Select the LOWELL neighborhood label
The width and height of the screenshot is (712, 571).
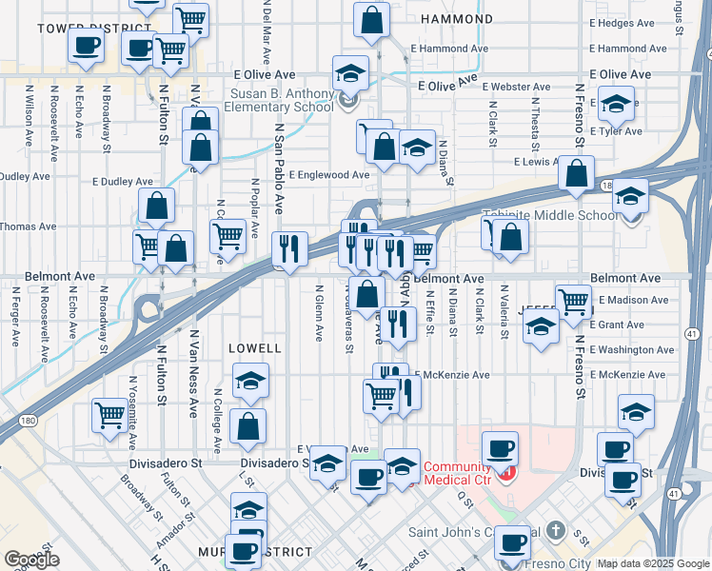pyautogui.click(x=255, y=349)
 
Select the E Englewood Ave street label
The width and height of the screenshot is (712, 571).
pyautogui.click(x=329, y=175)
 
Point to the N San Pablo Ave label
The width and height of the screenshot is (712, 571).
pyautogui.click(x=279, y=167)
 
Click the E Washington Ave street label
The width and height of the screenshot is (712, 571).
pyautogui.click(x=632, y=350)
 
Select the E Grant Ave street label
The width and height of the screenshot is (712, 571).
pyautogui.click(x=617, y=325)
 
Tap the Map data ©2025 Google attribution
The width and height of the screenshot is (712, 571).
pyautogui.click(x=653, y=563)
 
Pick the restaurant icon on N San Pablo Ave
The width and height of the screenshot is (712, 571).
pyautogui.click(x=289, y=249)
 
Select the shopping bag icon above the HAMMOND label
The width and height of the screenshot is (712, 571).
pyautogui.click(x=371, y=19)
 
